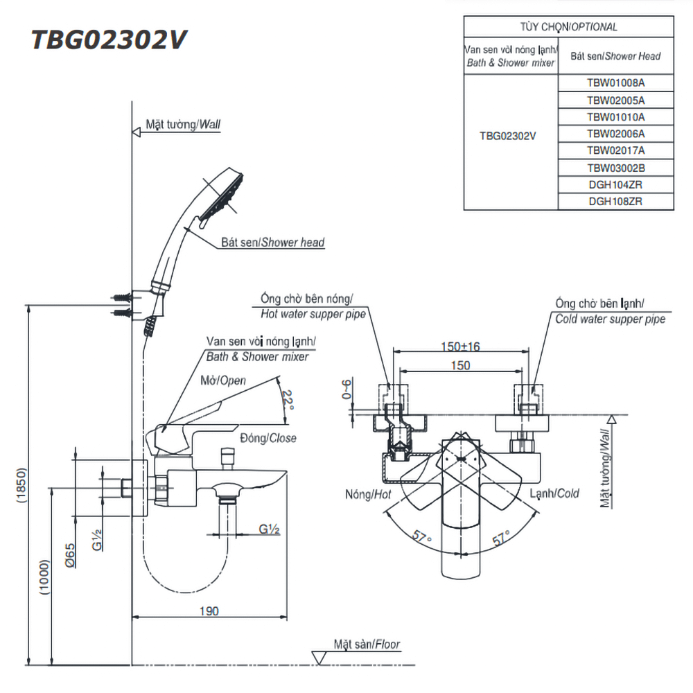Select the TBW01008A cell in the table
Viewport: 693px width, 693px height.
click(x=615, y=82)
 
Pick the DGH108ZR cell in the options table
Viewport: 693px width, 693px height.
click(x=615, y=202)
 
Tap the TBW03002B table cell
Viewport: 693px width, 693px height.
click(x=615, y=168)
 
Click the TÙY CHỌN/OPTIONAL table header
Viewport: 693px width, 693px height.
click(x=568, y=27)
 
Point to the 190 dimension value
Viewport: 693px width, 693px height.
click(x=209, y=611)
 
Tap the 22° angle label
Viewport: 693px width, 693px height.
click(x=288, y=400)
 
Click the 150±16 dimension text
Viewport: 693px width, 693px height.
click(x=461, y=346)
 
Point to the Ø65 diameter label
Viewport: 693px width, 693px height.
click(x=71, y=555)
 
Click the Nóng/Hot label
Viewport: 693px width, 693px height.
click(x=368, y=494)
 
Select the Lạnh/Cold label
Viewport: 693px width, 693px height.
click(x=554, y=493)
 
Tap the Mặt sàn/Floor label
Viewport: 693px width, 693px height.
click(x=367, y=644)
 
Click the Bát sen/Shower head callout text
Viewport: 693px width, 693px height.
click(x=273, y=243)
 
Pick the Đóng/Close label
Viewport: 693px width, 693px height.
click(x=268, y=438)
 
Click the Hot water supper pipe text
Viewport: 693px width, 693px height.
click(x=313, y=314)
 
